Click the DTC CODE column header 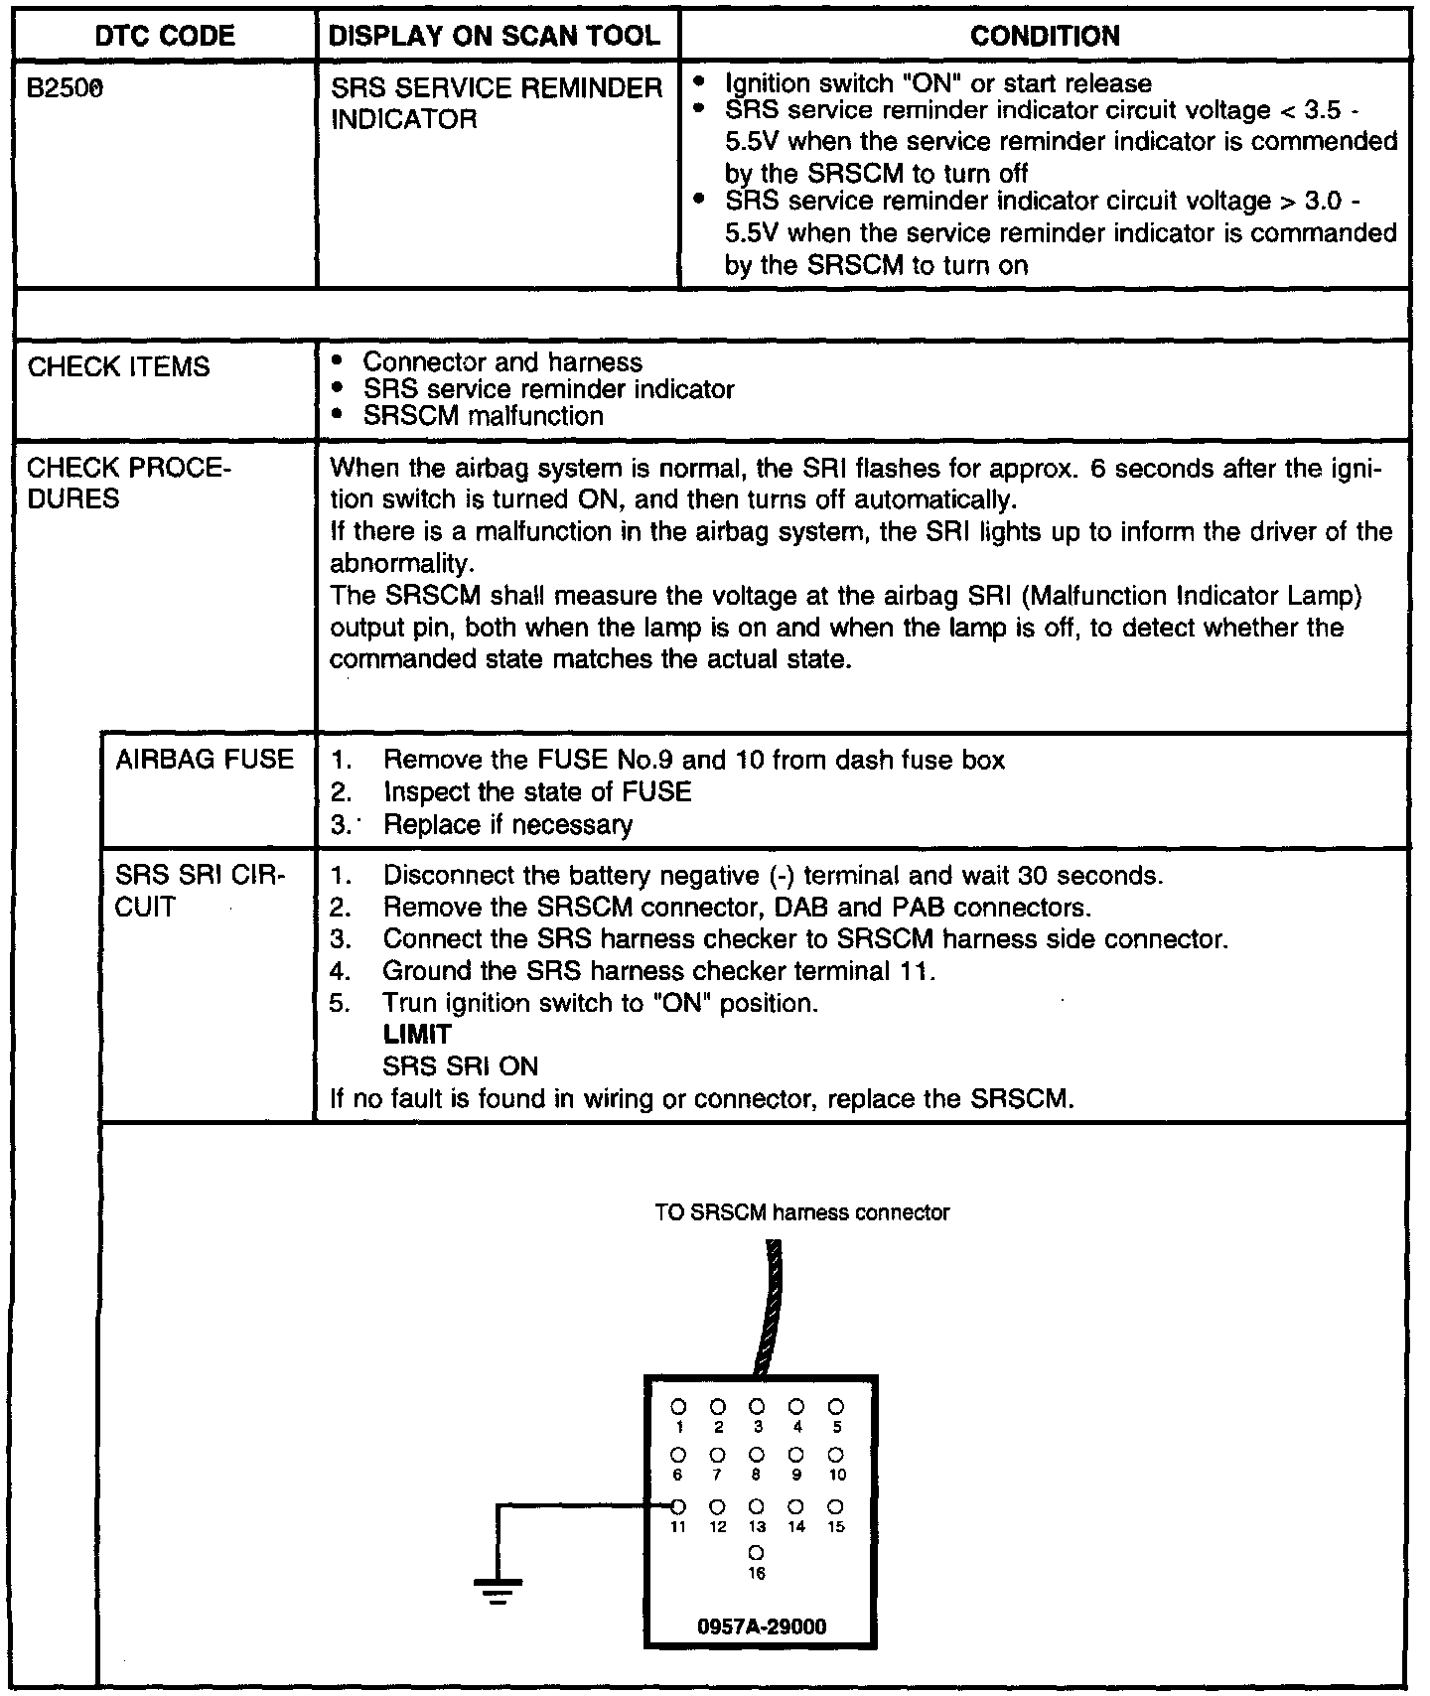(x=165, y=37)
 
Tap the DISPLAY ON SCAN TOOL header (x=495, y=37)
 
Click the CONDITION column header (x=1045, y=37)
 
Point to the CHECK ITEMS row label (x=119, y=367)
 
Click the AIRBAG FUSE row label (x=205, y=761)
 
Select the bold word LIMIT (x=417, y=1035)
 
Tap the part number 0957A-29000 (x=762, y=1626)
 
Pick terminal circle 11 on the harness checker (x=679, y=1506)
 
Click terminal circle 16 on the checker (x=757, y=1551)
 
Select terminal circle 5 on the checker (x=836, y=1407)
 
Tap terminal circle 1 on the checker (x=679, y=1407)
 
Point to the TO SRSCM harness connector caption (x=801, y=1212)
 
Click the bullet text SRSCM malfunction (x=483, y=416)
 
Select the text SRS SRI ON (x=460, y=1067)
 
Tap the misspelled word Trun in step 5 (x=411, y=1003)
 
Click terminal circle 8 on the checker (x=757, y=1456)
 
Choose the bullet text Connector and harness (x=502, y=362)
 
